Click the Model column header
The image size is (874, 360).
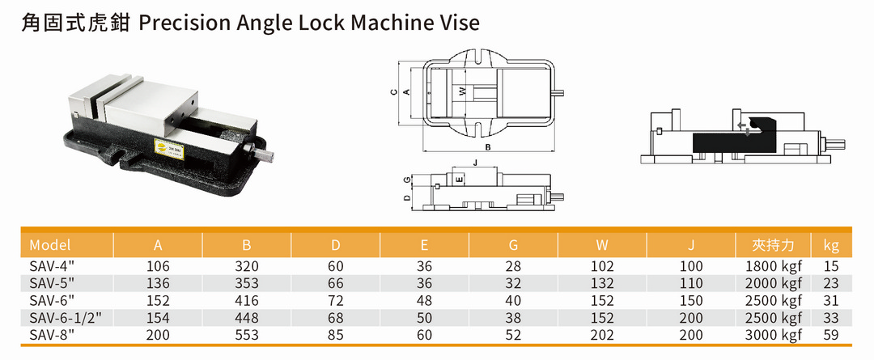click(x=50, y=245)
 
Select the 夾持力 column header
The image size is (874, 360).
click(x=773, y=245)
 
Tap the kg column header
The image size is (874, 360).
click(x=831, y=245)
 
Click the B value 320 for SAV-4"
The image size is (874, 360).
click(x=248, y=265)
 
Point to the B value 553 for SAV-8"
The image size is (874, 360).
click(x=248, y=334)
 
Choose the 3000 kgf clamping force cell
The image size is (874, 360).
click(x=774, y=334)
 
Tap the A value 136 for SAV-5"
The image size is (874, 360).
click(x=159, y=283)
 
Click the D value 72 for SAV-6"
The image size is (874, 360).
click(x=336, y=300)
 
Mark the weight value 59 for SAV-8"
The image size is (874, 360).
click(x=831, y=334)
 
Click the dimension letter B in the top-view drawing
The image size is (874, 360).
click(x=487, y=148)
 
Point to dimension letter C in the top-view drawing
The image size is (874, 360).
click(x=393, y=92)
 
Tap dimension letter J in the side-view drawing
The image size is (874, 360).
click(x=475, y=163)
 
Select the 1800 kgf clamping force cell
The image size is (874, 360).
click(x=774, y=265)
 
